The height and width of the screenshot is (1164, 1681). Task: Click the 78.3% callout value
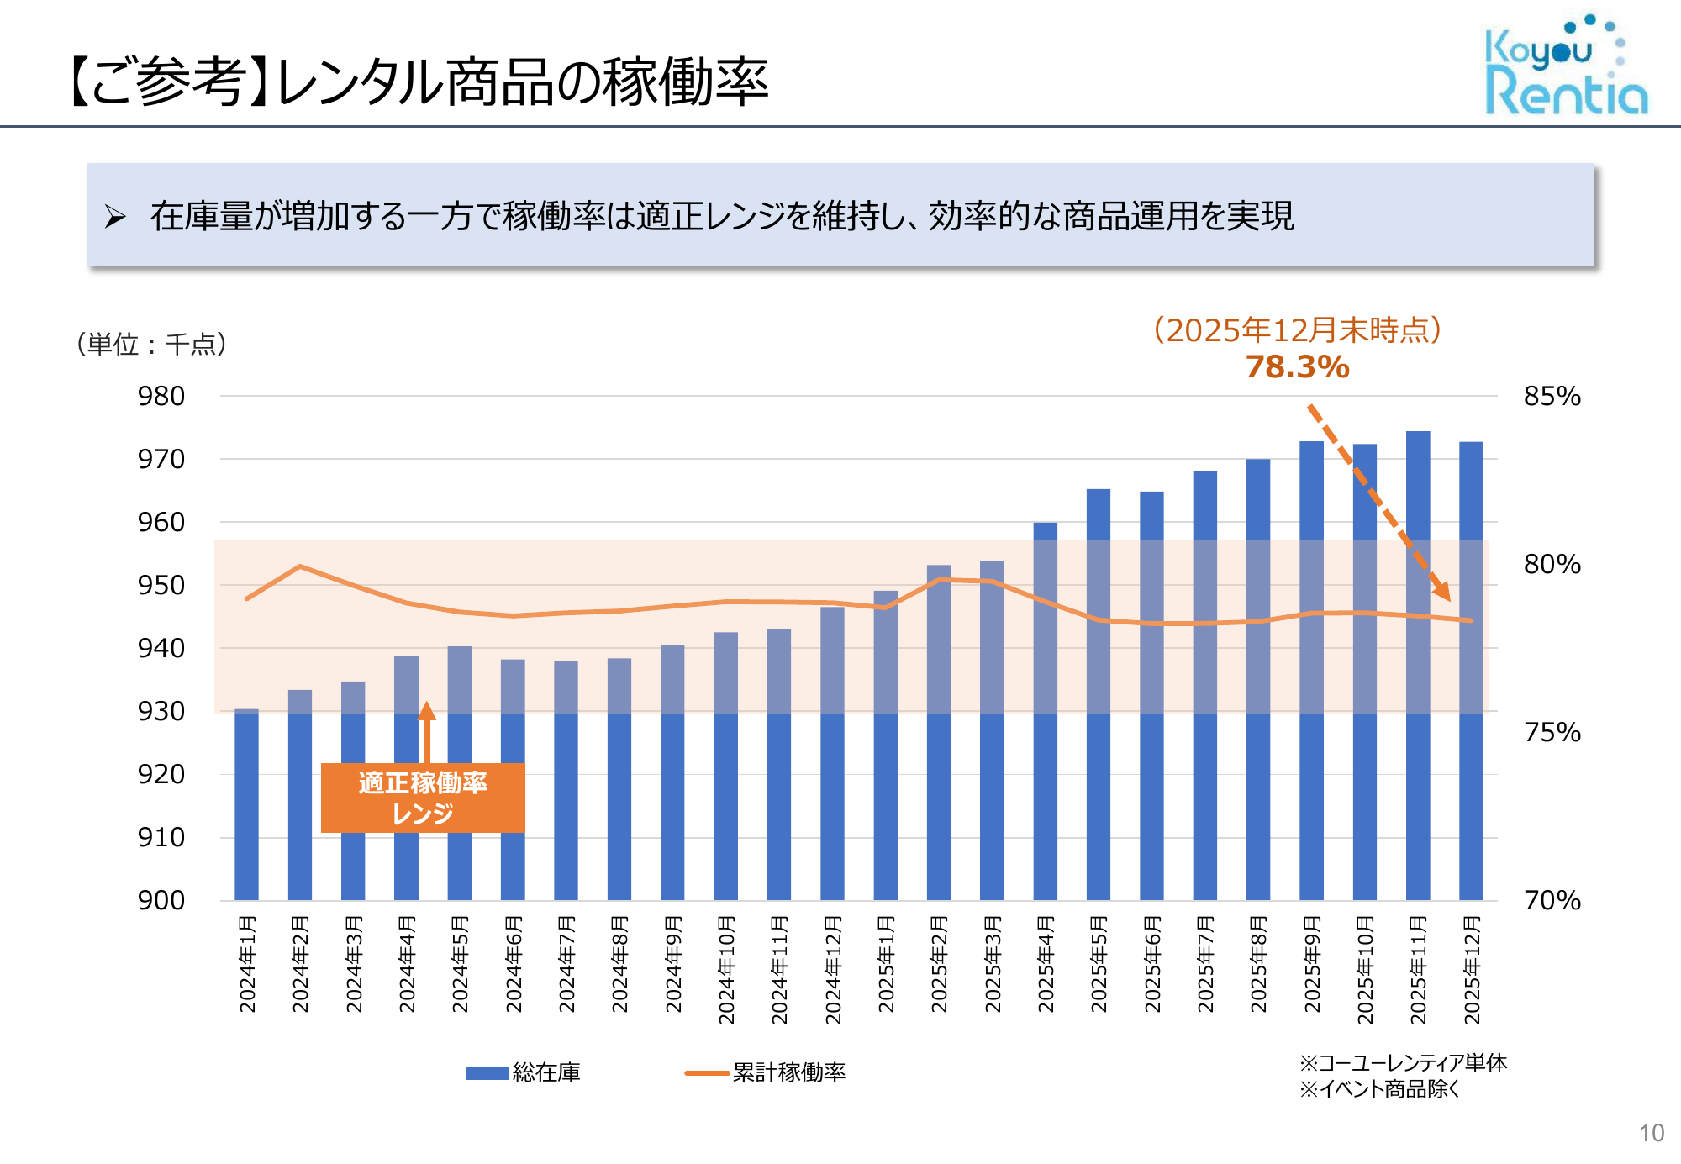1297,367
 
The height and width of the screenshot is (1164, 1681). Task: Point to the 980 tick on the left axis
161,396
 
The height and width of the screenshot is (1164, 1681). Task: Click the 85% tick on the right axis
1552,396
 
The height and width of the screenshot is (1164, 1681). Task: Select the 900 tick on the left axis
161,900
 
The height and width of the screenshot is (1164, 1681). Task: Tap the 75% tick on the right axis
1552,732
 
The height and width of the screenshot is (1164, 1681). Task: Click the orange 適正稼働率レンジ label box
423,798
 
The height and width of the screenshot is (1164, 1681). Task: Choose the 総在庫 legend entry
524,1072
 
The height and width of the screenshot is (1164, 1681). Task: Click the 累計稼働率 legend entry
766,1072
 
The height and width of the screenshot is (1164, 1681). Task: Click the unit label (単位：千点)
151,344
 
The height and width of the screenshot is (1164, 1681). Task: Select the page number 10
1652,1133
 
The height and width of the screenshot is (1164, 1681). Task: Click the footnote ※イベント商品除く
1379,1089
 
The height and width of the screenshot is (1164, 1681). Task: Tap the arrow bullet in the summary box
115,216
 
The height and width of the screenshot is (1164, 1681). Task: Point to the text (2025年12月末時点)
1297,330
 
